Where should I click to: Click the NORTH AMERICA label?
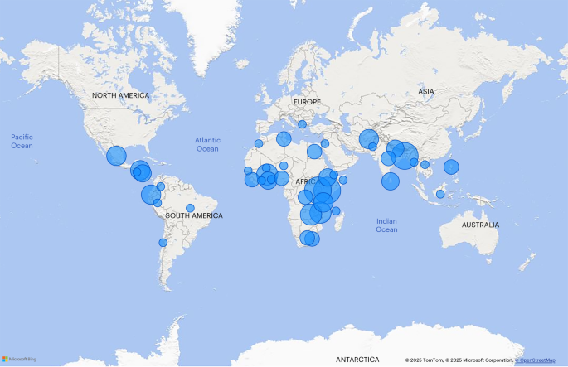click(x=121, y=95)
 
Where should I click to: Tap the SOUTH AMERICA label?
click(x=194, y=215)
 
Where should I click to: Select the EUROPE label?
click(x=305, y=102)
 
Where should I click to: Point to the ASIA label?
click(x=426, y=92)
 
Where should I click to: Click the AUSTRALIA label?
click(x=481, y=225)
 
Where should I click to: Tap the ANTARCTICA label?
click(x=357, y=360)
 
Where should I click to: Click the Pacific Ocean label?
click(x=22, y=141)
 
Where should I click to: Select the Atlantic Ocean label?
click(x=207, y=144)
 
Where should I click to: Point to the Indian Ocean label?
click(x=386, y=225)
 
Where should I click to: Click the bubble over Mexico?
click(x=116, y=155)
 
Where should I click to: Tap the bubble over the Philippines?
click(x=451, y=167)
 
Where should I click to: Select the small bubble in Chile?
click(x=163, y=243)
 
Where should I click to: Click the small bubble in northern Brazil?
click(x=190, y=208)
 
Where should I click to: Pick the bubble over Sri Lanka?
click(x=391, y=181)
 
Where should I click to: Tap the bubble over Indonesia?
click(x=440, y=194)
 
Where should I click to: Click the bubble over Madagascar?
click(x=337, y=211)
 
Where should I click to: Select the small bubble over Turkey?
click(x=302, y=124)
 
